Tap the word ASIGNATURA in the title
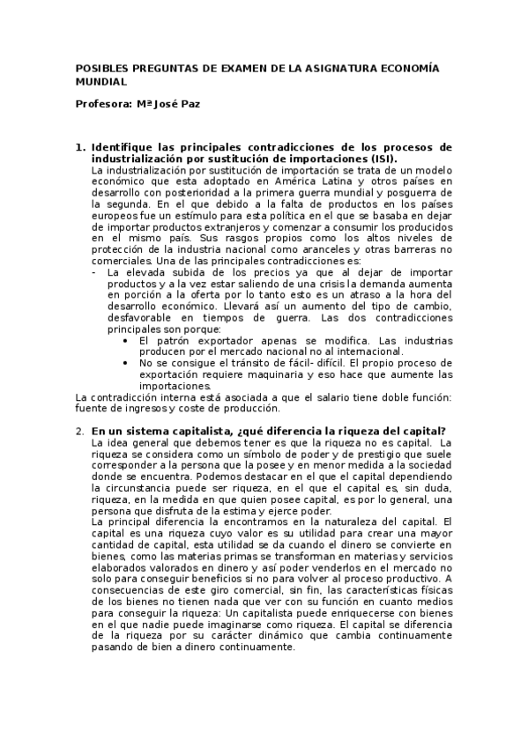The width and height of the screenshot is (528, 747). [x=334, y=67]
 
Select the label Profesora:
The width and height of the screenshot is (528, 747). [x=104, y=104]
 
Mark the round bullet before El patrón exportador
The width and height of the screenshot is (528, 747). [x=127, y=341]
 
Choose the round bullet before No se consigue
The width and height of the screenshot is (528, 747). [x=127, y=364]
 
